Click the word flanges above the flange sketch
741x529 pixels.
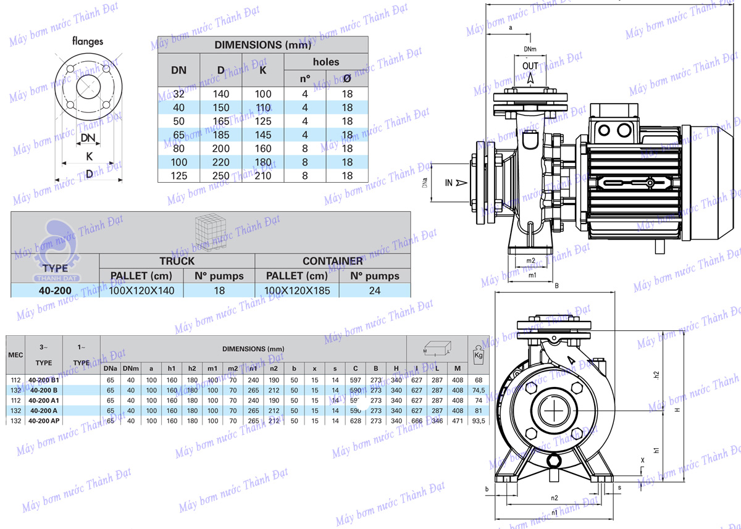tap(88, 42)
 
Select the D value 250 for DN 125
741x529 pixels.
tap(221, 176)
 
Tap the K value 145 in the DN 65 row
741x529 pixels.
tap(263, 135)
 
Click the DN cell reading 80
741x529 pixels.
tap(178, 149)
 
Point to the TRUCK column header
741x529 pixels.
tap(177, 261)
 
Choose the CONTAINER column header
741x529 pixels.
tap(332, 261)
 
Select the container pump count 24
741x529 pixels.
tap(375, 290)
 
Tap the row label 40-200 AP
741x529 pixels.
tap(44, 421)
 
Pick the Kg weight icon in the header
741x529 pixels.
tap(477, 355)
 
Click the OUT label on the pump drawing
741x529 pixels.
tap(530, 66)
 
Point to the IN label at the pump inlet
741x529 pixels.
tap(450, 182)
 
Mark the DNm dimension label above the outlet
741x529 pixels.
tap(530, 48)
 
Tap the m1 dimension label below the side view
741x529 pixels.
tap(532, 275)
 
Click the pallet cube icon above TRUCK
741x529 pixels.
tap(209, 230)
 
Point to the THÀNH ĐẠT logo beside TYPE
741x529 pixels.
tap(56, 247)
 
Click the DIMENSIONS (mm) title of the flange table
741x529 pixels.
tap(263, 45)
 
